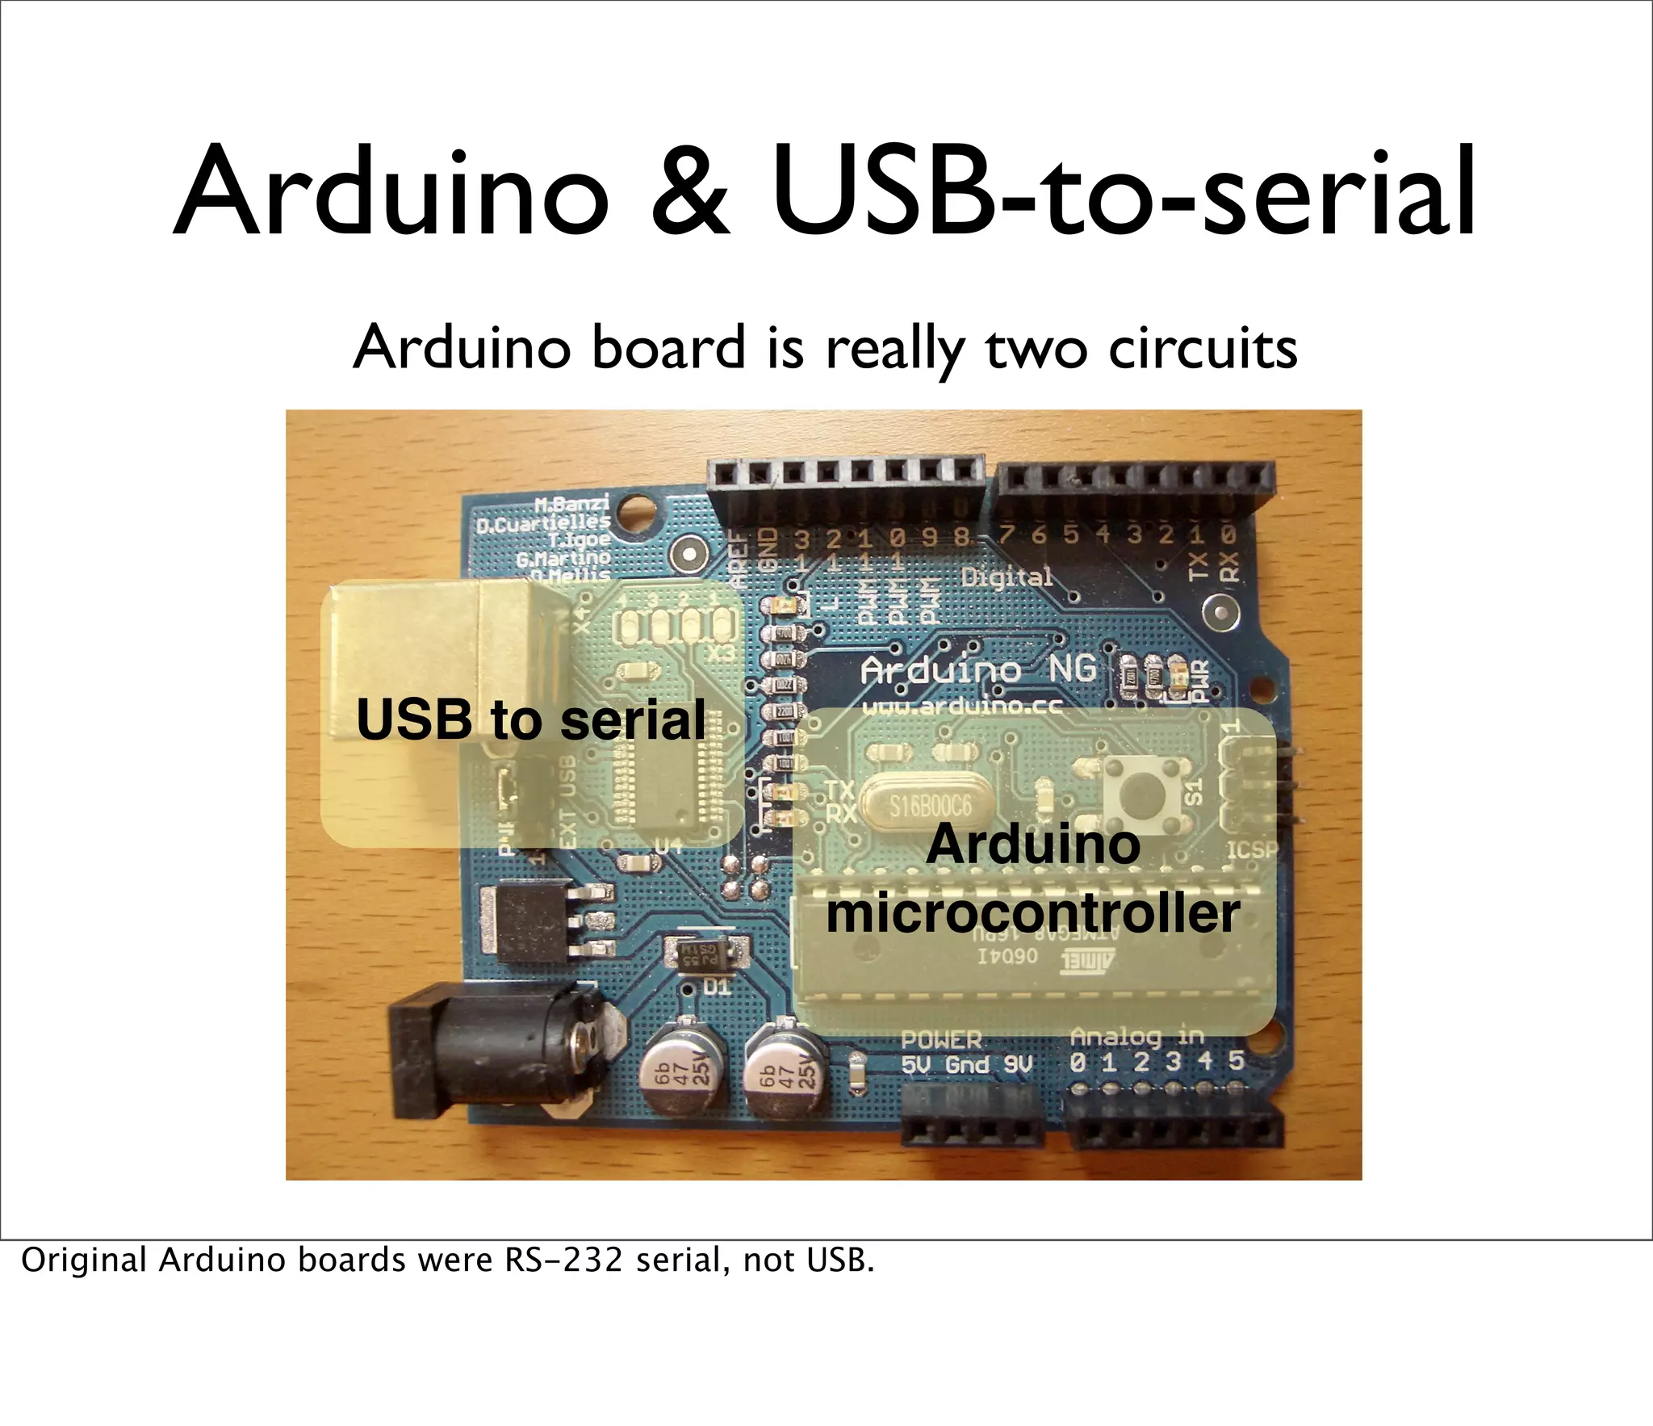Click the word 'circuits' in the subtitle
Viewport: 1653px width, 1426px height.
1203,349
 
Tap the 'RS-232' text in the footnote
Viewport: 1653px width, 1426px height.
563,1260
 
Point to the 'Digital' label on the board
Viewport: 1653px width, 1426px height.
1007,577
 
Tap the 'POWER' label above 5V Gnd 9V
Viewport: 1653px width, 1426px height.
941,1039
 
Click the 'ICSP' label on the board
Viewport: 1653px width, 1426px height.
1252,850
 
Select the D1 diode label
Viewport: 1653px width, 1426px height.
716,988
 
